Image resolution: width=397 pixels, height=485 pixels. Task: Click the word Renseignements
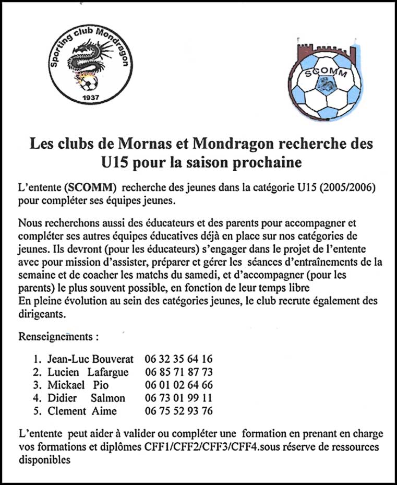pyautogui.click(x=58, y=336)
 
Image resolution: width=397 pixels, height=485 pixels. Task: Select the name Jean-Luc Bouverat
pyautogui.click(x=90, y=359)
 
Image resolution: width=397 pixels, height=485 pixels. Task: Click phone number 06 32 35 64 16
pyautogui.click(x=178, y=359)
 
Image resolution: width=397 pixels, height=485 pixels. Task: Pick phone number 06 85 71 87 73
pyautogui.click(x=178, y=372)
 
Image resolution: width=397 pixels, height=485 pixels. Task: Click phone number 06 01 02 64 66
pyautogui.click(x=178, y=385)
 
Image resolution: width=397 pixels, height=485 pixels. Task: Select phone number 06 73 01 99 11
pyautogui.click(x=178, y=398)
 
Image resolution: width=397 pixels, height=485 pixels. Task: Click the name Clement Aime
pyautogui.click(x=82, y=411)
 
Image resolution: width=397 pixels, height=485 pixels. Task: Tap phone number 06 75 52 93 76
pyautogui.click(x=178, y=411)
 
